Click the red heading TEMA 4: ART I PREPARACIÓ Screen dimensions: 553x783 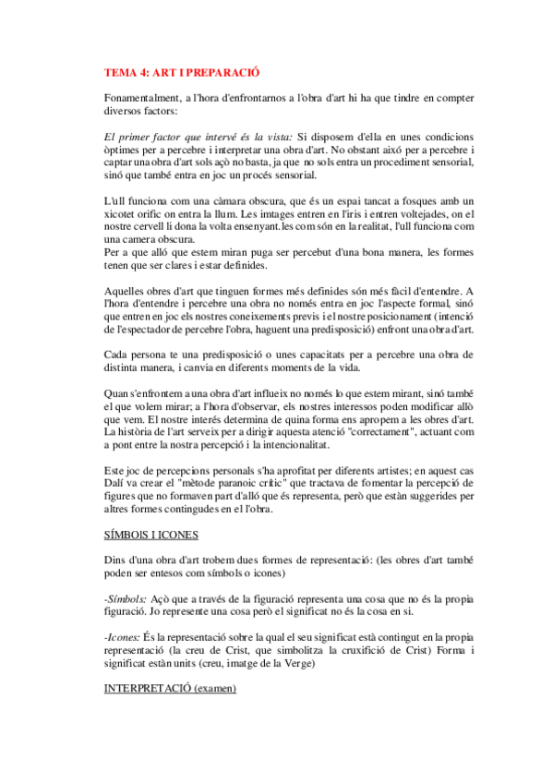point(182,71)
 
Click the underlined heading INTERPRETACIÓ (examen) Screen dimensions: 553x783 point(170,689)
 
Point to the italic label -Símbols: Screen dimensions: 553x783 point(127,598)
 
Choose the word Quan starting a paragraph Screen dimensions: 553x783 point(117,392)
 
